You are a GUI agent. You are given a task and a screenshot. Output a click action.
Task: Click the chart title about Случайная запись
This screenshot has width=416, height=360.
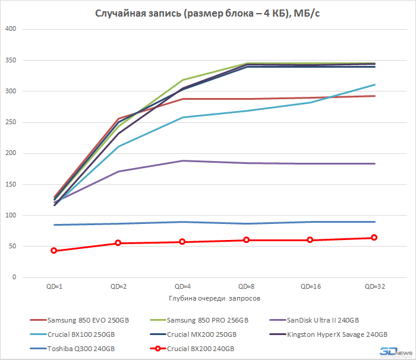(x=208, y=13)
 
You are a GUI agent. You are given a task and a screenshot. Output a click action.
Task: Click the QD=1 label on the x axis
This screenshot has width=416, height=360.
(x=53, y=286)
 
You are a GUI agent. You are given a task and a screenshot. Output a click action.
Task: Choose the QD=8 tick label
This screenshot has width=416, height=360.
(x=246, y=286)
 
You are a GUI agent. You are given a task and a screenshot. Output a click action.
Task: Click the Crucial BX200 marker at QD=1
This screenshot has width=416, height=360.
(x=53, y=251)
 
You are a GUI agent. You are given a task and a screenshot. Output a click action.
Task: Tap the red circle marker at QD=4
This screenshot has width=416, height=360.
(x=182, y=242)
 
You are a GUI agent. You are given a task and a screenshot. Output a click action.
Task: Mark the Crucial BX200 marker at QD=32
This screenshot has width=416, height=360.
(x=374, y=238)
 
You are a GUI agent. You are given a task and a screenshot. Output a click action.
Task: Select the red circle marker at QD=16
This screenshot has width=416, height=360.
(x=310, y=240)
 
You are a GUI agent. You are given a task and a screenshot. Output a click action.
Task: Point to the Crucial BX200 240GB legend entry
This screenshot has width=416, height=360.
(x=200, y=348)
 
